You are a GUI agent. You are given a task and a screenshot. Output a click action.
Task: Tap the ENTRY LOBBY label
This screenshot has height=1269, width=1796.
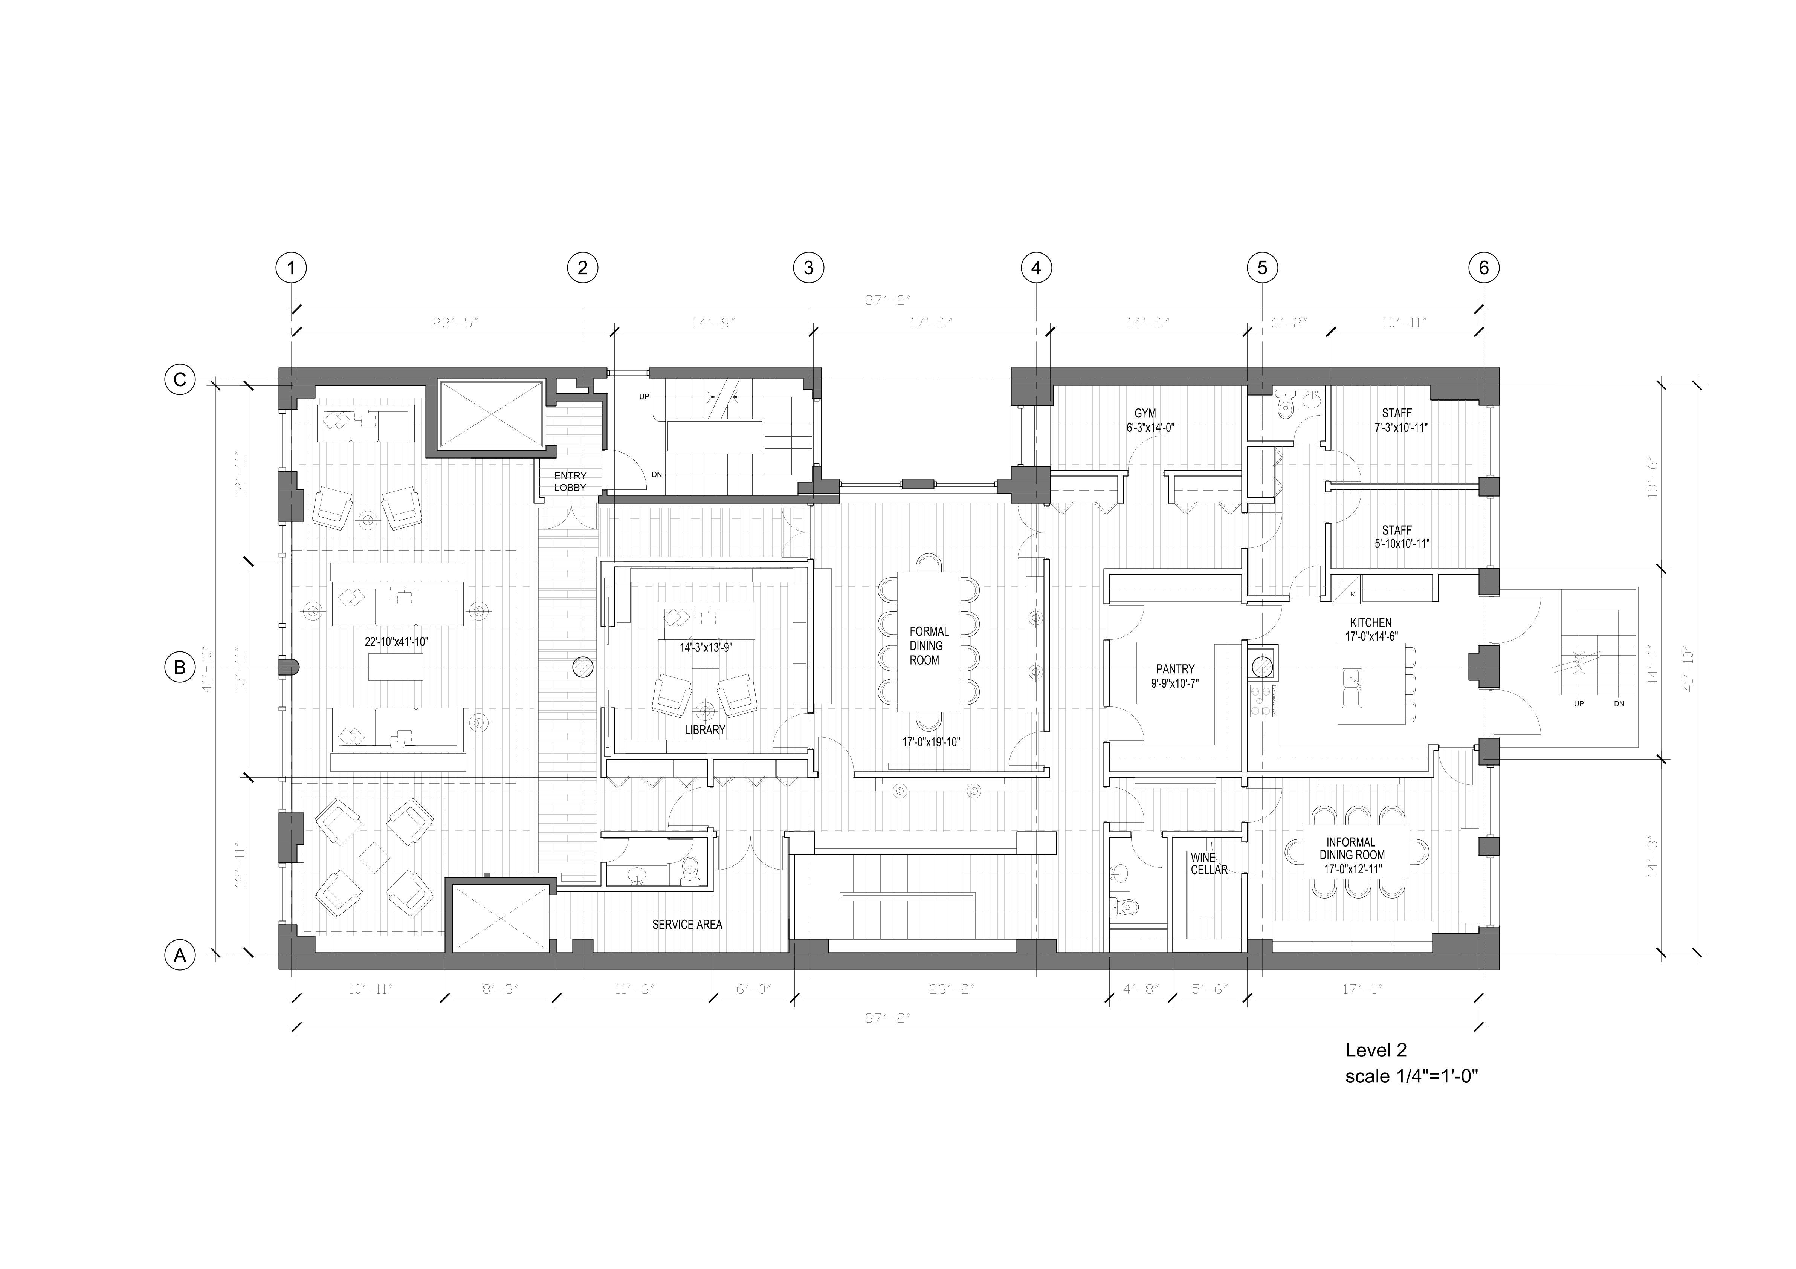pos(570,481)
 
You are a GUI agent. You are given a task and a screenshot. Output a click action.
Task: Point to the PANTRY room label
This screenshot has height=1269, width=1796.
pos(1175,669)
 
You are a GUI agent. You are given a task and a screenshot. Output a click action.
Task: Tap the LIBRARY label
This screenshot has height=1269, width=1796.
pos(705,730)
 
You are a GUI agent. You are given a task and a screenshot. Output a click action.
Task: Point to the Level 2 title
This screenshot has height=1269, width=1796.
pos(1375,1050)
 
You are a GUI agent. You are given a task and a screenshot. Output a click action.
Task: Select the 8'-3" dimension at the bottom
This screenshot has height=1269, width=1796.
pos(501,989)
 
